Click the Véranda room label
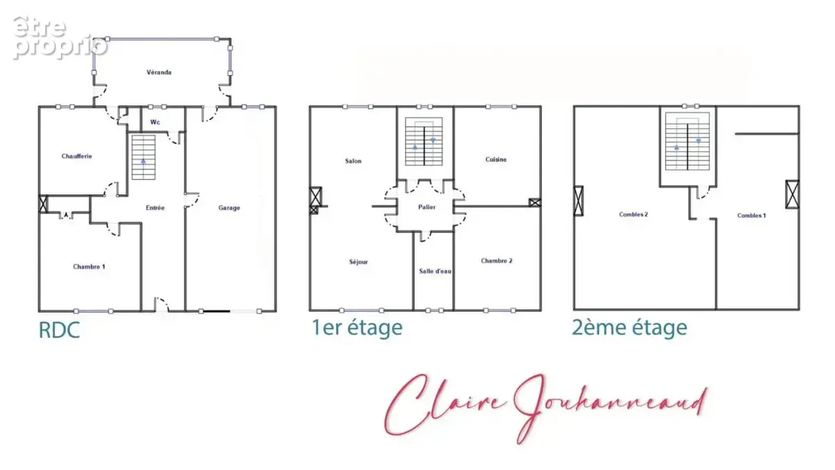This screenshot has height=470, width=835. pyautogui.click(x=159, y=72)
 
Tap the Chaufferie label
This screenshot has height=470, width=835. pyautogui.click(x=77, y=156)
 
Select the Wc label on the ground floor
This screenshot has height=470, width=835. pyautogui.click(x=155, y=122)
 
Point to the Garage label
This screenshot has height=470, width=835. pyautogui.click(x=229, y=207)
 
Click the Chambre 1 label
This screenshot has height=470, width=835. pyautogui.click(x=89, y=267)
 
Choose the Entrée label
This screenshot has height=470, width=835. pyautogui.click(x=155, y=207)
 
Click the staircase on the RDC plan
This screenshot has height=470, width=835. pyautogui.click(x=143, y=157)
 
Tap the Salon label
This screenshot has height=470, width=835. pyautogui.click(x=353, y=161)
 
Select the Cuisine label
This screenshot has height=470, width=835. pyautogui.click(x=495, y=159)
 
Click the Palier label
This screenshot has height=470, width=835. pyautogui.click(x=427, y=207)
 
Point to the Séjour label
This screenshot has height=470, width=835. pyautogui.click(x=358, y=262)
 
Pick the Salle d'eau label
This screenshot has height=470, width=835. pyautogui.click(x=435, y=271)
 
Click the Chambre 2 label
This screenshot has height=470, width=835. pyautogui.click(x=497, y=260)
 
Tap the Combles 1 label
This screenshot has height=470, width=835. pyautogui.click(x=751, y=216)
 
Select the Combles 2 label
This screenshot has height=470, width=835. pyautogui.click(x=633, y=214)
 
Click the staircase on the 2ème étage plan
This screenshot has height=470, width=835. pyautogui.click(x=687, y=141)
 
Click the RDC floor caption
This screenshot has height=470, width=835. pyautogui.click(x=59, y=330)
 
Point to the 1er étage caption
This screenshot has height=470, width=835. pyautogui.click(x=357, y=328)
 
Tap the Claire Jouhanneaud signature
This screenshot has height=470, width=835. pyautogui.click(x=546, y=409)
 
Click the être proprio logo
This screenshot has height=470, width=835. pyautogui.click(x=60, y=38)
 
